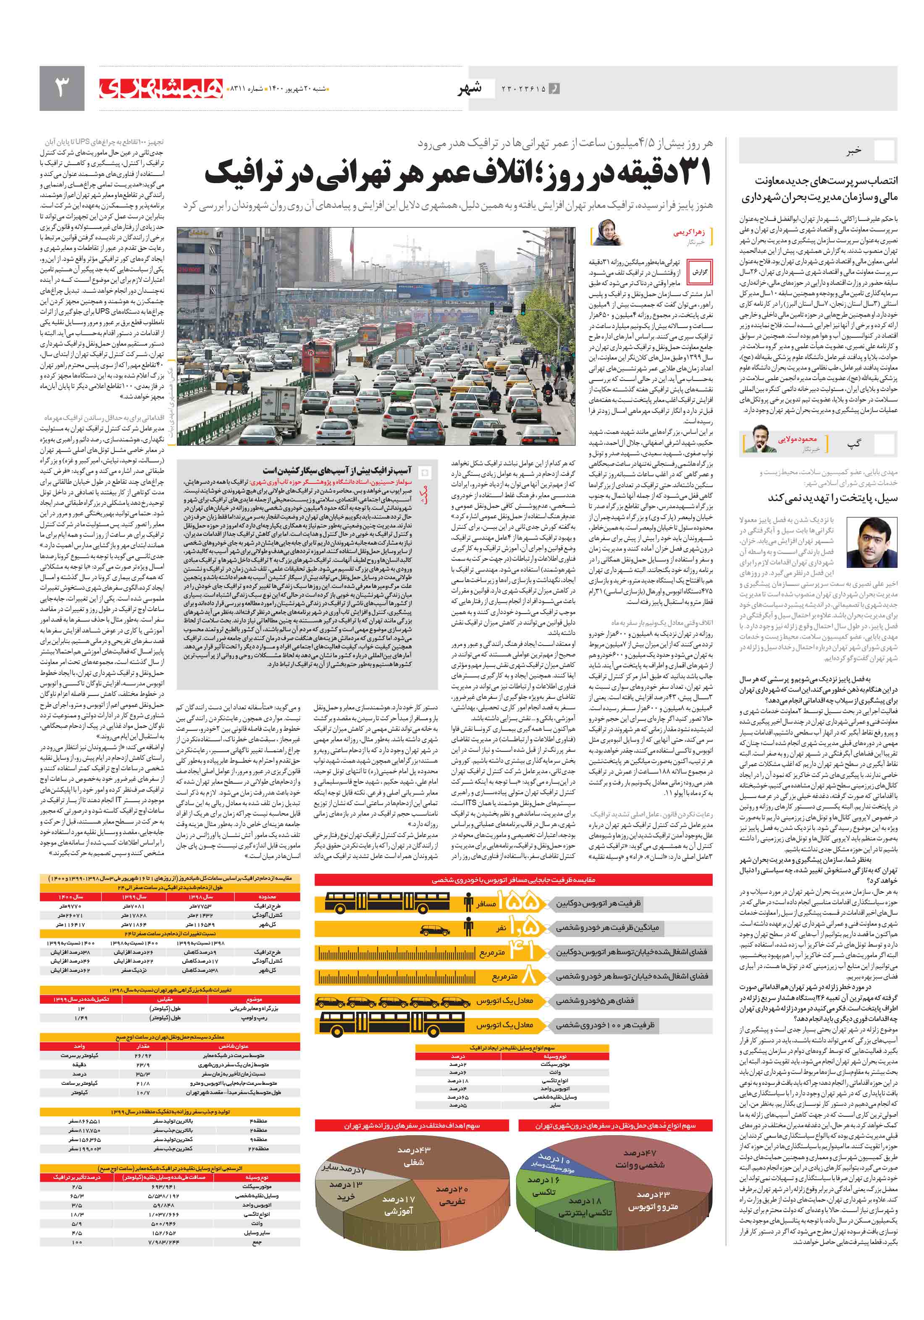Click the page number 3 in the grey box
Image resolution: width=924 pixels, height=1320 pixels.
pos(61,88)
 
